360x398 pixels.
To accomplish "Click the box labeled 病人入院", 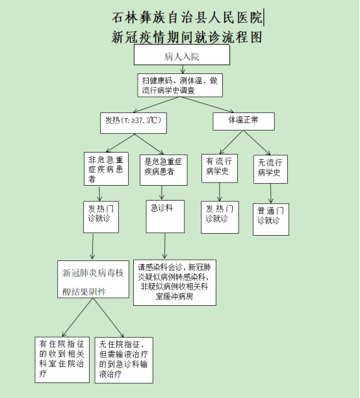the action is pos(182,55).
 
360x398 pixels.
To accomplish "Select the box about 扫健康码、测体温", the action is pos(180,85).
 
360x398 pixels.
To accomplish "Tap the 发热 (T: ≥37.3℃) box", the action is pos(133,123).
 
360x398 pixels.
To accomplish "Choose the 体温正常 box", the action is pos(244,121).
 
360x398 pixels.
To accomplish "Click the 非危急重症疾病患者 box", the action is pos(106,169).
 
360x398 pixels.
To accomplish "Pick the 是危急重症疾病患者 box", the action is pos(164,170).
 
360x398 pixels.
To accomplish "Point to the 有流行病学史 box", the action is pos(220,168).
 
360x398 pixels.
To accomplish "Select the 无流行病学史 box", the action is pos(270,169).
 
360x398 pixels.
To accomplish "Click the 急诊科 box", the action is pos(165,216).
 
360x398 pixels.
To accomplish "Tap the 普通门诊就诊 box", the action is pos(271,219).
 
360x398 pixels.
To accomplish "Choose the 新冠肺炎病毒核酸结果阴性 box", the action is pos(93,279).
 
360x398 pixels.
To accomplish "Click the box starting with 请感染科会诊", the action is pos(175,282).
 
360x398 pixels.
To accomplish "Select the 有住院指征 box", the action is pos(62,360).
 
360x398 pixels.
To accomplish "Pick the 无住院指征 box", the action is pos(124,360).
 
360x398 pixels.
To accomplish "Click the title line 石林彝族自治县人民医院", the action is pos(187,18).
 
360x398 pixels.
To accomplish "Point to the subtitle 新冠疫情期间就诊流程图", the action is pos(186,37).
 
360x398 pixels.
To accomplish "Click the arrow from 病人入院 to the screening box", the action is pos(183,69).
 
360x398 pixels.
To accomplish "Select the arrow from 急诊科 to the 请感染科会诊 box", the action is pos(164,246).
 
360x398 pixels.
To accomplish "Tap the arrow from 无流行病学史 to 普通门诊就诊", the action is pos(270,193).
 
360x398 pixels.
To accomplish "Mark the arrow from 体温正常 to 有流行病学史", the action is pos(231,142).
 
